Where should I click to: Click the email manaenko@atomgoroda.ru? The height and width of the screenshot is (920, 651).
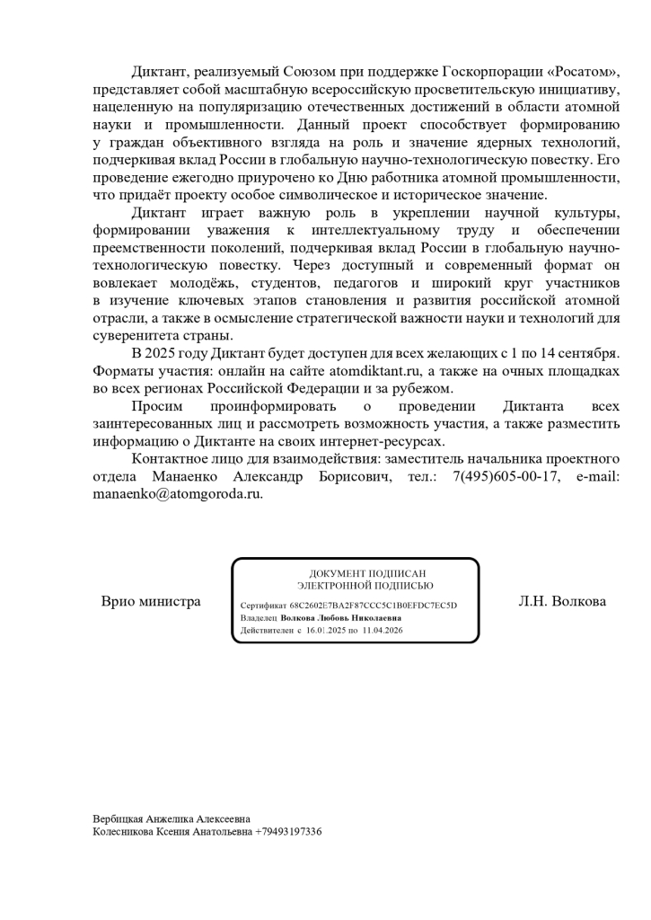[178, 493]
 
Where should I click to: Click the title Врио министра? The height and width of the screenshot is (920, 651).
[151, 601]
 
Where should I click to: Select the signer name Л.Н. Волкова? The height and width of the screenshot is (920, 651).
[561, 601]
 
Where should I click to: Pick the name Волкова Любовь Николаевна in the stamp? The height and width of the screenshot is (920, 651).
[341, 618]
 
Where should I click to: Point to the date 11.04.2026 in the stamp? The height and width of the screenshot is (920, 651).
[382, 631]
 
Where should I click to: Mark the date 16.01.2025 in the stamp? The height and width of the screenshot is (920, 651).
[325, 631]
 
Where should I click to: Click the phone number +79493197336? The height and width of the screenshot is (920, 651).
[288, 832]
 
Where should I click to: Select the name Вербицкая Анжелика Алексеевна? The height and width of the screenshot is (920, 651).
[172, 818]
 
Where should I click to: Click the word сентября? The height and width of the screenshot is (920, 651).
[586, 353]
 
